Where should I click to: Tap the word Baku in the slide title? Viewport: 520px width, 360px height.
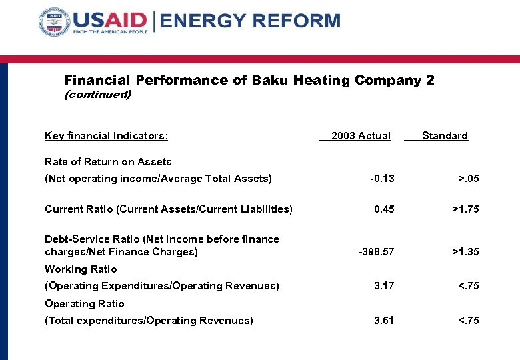tap(269, 81)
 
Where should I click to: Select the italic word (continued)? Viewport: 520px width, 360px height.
tap(97, 95)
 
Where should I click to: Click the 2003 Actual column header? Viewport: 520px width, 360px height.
tap(360, 136)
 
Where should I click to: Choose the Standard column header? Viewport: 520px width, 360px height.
tap(445, 136)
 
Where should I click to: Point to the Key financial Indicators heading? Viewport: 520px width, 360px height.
tap(106, 136)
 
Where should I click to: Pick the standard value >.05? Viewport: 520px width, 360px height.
tap(467, 179)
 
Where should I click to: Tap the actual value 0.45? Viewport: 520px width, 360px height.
tap(384, 209)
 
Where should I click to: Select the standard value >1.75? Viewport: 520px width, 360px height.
tap(465, 209)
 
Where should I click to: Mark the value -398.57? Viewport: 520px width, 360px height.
tap(377, 252)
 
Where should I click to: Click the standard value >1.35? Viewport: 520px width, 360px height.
tap(465, 252)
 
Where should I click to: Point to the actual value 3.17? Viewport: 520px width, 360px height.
tap(384, 286)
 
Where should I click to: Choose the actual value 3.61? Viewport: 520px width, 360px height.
tap(384, 321)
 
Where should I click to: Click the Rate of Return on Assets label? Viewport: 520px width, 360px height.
tap(108, 162)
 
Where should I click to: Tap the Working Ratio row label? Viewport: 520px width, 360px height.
tap(81, 269)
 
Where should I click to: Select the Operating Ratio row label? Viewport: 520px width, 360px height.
tap(85, 304)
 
